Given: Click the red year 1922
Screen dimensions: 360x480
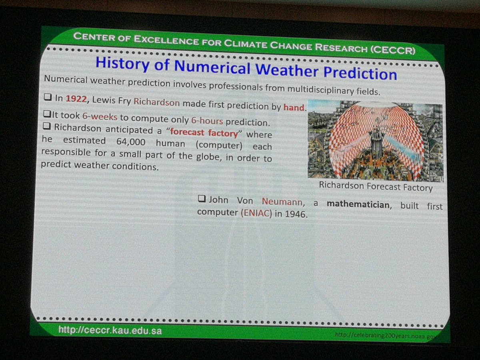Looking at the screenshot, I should [x=76, y=99].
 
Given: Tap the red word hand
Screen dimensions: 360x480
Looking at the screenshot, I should [x=294, y=107].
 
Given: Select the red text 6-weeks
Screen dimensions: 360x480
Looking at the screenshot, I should [x=100, y=117].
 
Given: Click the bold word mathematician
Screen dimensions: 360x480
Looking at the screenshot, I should [x=358, y=205].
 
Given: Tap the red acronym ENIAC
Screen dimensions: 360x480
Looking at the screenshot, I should [x=256, y=213].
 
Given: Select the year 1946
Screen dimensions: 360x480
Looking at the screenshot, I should [x=296, y=214].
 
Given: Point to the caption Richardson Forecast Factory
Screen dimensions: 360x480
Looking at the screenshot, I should [x=375, y=186].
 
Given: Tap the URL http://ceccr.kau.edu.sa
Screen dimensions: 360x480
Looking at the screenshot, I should [x=110, y=330].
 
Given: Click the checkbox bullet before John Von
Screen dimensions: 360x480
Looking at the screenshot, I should [x=202, y=199].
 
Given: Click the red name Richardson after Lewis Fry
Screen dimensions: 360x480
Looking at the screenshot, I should [x=156, y=102].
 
